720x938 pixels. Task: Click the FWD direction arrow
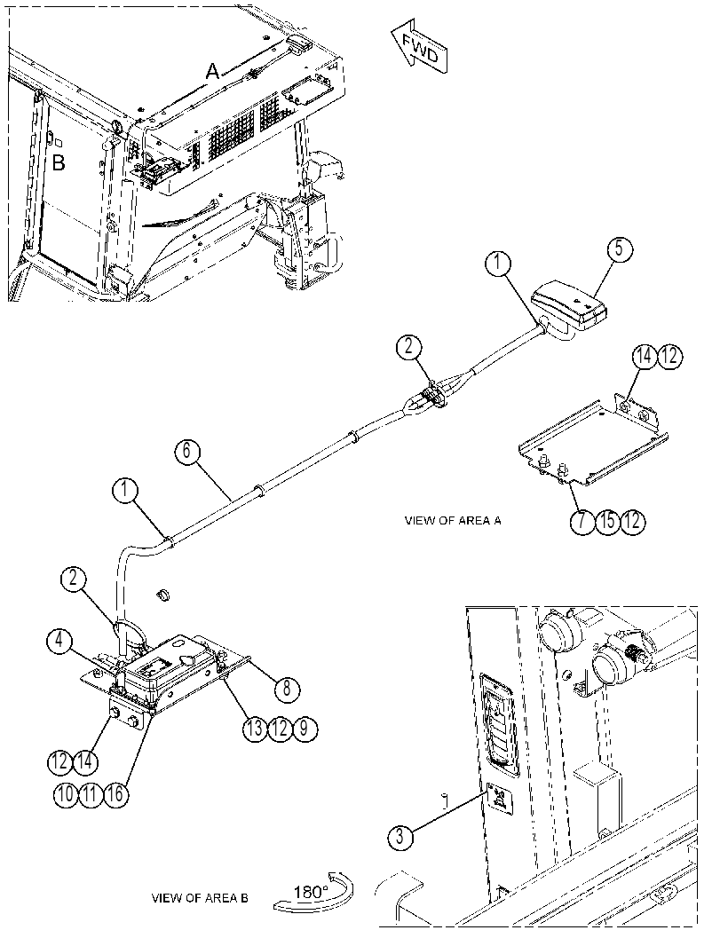coord(420,50)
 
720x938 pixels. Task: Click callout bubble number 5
coord(619,248)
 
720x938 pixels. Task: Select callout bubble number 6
coord(187,451)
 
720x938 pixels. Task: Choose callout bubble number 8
coord(288,690)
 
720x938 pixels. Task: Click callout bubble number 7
coord(582,520)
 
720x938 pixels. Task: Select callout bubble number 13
coord(254,729)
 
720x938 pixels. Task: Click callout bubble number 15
coord(607,520)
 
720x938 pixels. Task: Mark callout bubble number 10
coord(65,794)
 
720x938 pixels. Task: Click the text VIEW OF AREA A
coord(453,520)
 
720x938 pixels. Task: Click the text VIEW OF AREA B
coord(200,898)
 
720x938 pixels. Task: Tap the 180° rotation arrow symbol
coord(313,890)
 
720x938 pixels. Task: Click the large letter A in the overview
coord(212,72)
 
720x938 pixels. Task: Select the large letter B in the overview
coord(58,162)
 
